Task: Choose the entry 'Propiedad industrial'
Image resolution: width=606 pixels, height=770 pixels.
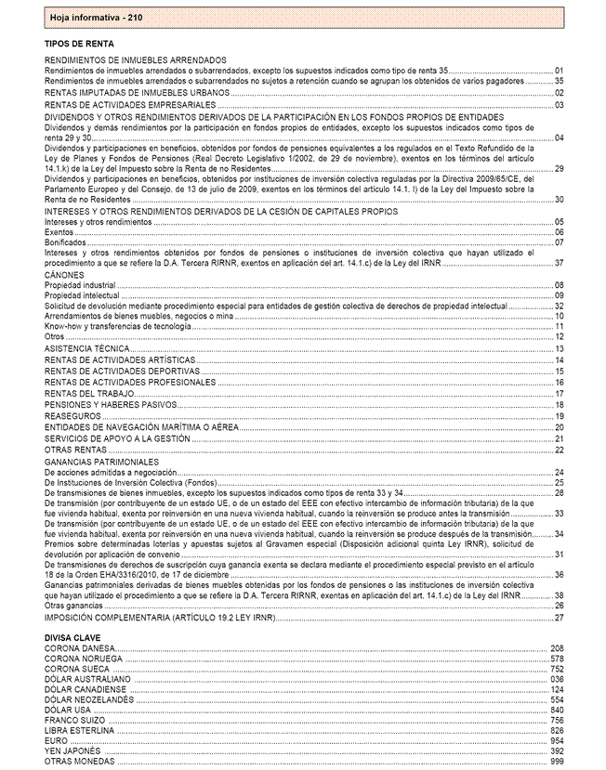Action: (80, 285)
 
